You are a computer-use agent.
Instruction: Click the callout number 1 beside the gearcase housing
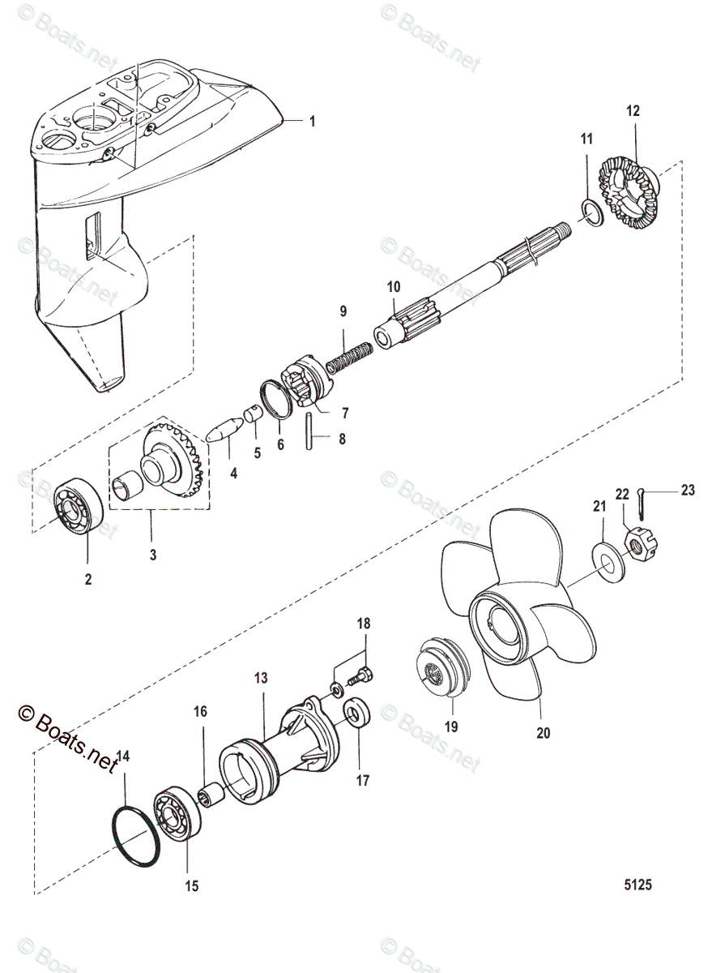coord(312,122)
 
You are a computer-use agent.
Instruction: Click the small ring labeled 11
coord(591,213)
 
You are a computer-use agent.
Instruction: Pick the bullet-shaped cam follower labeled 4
coord(221,428)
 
